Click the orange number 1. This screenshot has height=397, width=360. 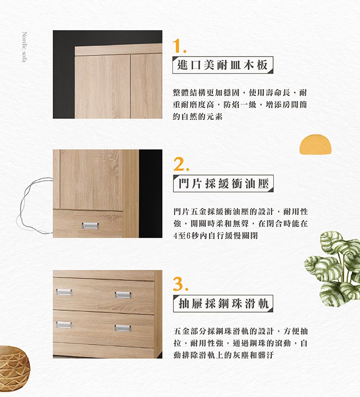point(179,46)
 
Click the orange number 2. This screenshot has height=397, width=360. point(181,164)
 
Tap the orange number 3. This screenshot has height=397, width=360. point(181,284)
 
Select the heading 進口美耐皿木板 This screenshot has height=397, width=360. point(223,65)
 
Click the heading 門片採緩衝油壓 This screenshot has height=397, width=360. point(223,183)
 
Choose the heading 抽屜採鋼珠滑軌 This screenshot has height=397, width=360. point(223,303)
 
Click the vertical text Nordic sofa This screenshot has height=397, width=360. point(24,47)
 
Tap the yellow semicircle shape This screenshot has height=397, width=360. point(315,144)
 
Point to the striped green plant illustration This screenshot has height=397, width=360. point(333,269)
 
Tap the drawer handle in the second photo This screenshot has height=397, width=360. point(90,226)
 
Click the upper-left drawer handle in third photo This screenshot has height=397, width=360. point(64,292)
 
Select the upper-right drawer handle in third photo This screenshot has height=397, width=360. point(123,295)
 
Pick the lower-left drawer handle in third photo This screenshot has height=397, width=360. point(64,325)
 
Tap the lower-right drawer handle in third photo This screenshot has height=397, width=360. point(123,328)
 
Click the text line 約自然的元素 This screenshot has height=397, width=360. point(197,117)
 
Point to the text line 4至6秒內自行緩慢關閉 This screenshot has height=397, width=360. point(216,236)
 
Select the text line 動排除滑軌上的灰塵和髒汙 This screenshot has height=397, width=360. point(224,355)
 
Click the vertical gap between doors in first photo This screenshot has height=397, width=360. point(130,86)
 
